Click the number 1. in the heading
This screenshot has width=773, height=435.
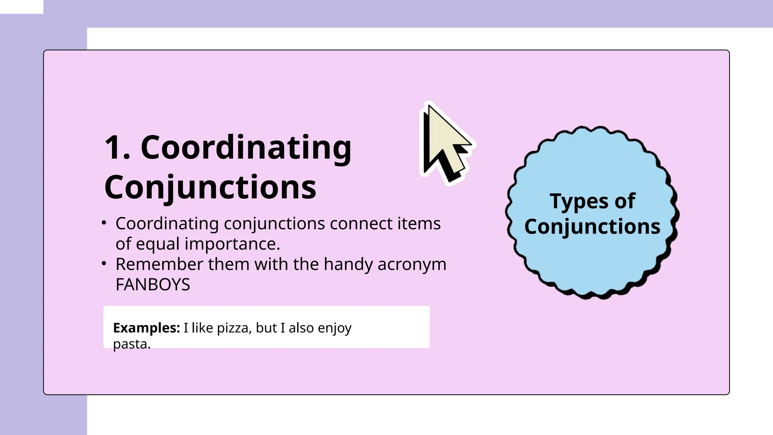coord(117,148)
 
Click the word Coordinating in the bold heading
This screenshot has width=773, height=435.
coord(246,148)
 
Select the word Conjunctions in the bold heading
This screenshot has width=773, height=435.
coord(210,187)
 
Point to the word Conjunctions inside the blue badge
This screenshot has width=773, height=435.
coord(592,227)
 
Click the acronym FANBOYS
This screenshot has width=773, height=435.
coord(152,285)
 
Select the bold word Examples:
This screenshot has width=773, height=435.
coord(146,328)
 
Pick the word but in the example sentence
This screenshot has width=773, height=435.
coord(266,328)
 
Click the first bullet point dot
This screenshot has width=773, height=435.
coord(104,223)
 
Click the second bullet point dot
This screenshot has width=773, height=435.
coord(104,264)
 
